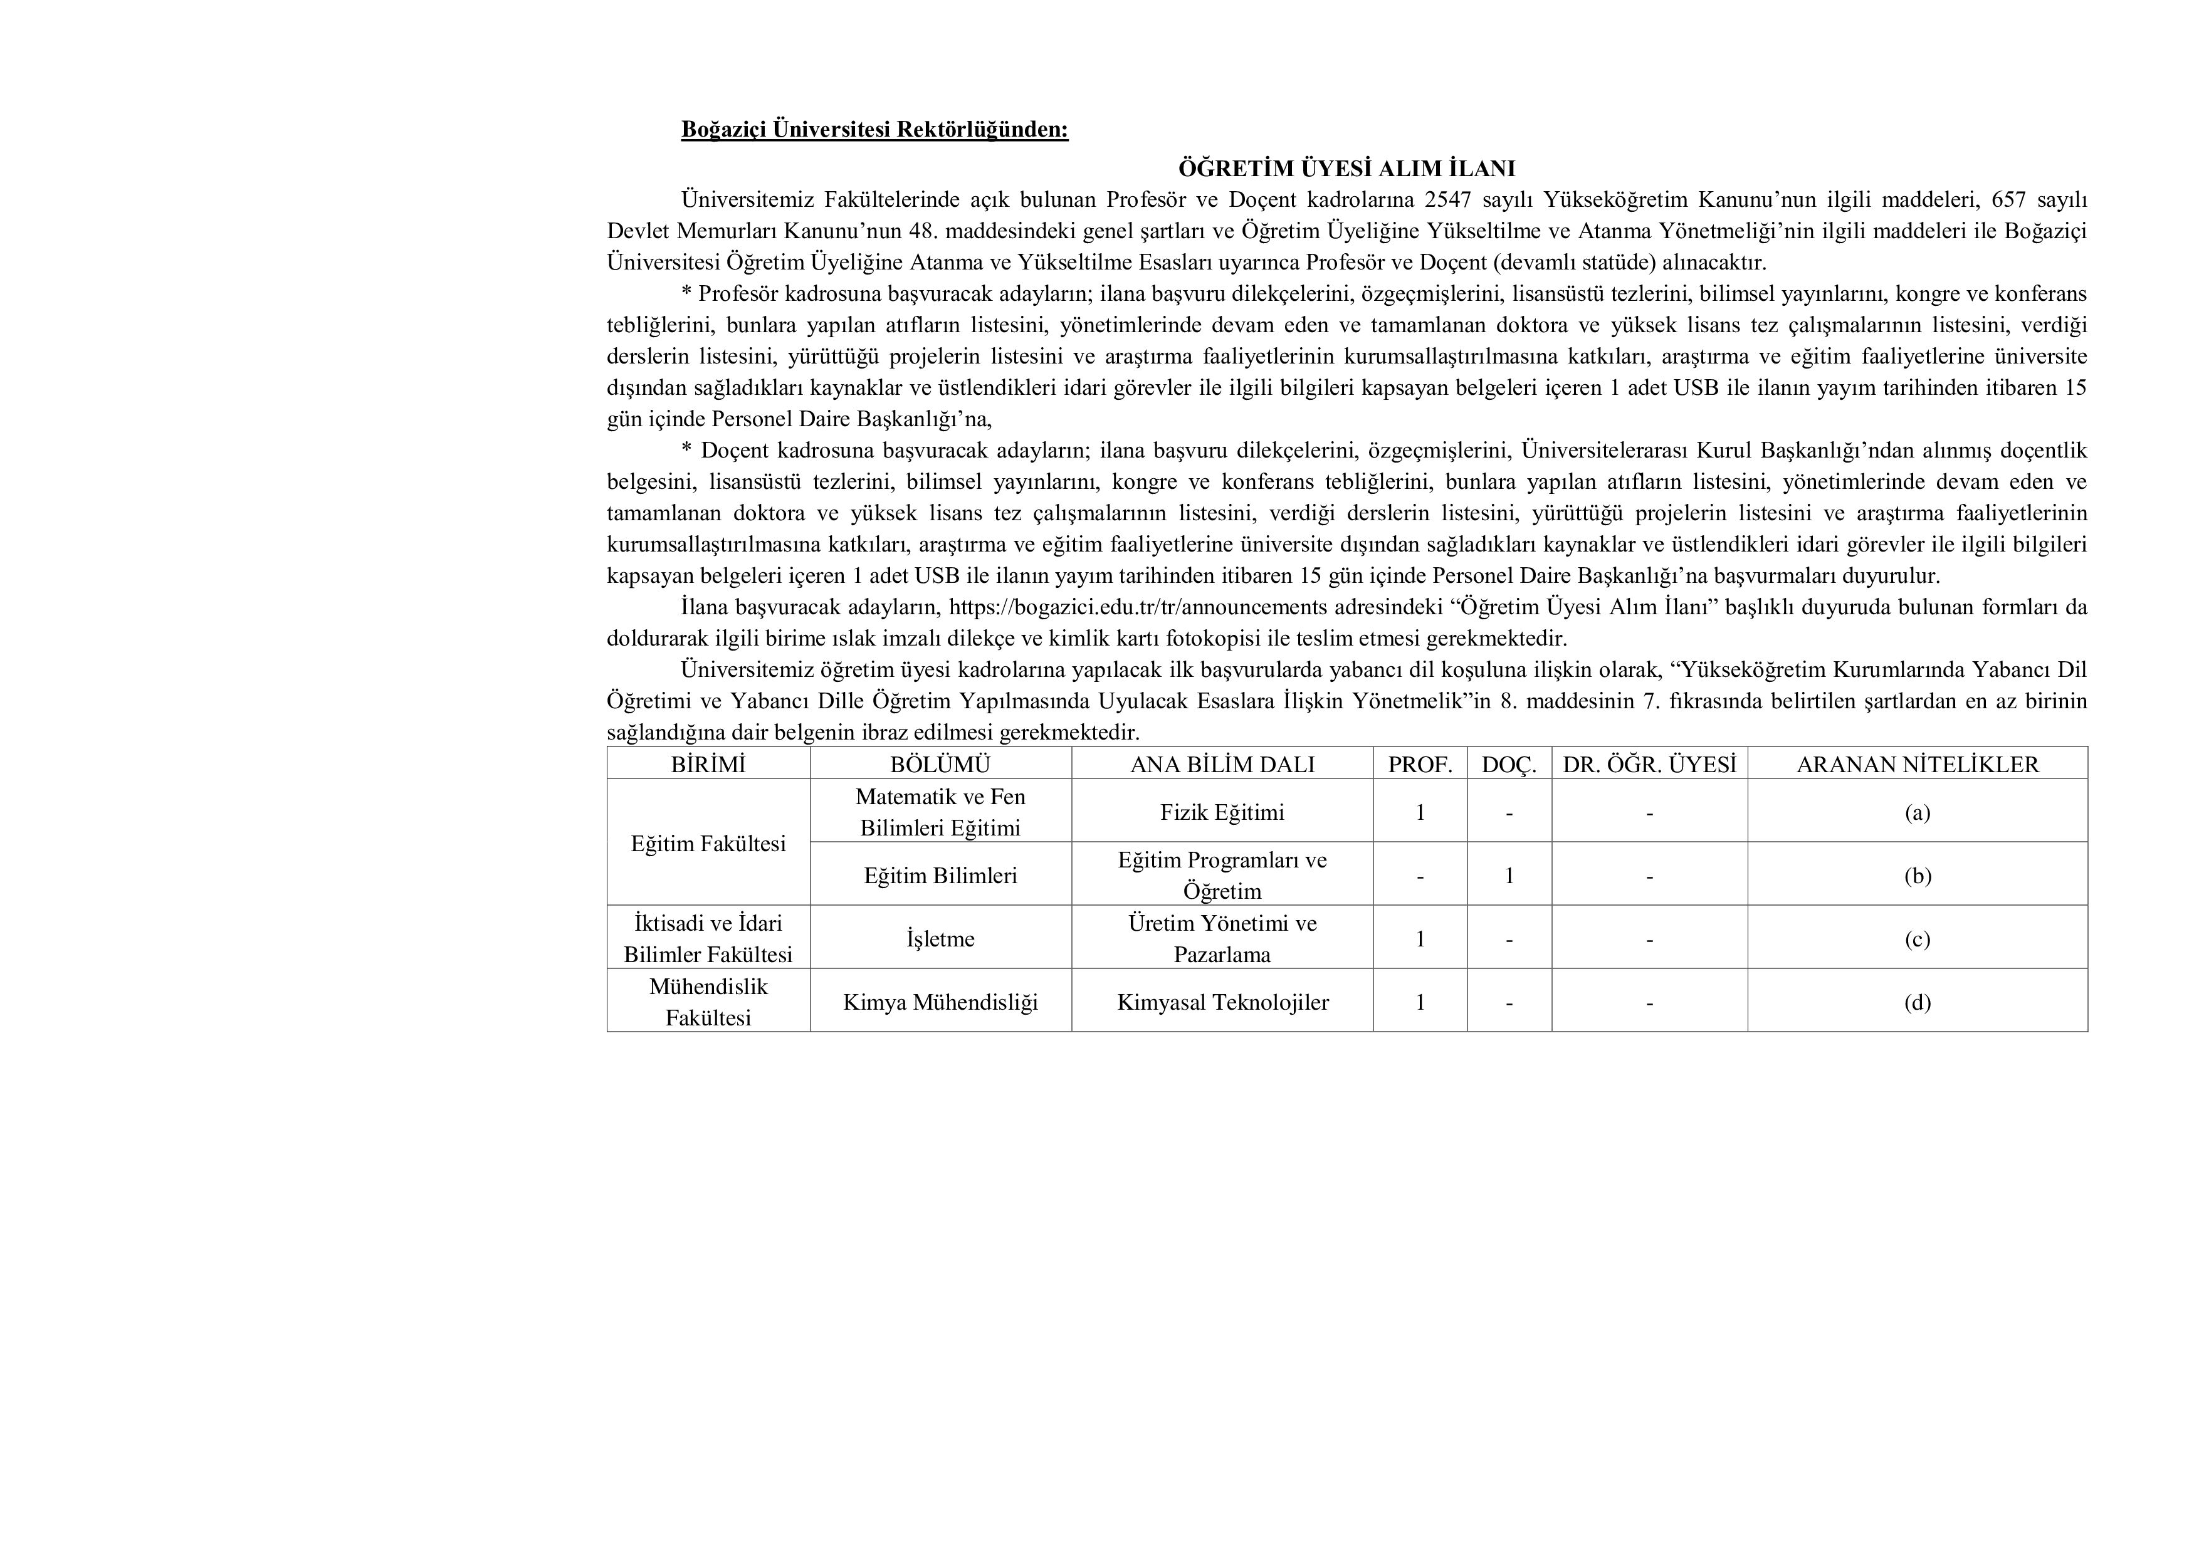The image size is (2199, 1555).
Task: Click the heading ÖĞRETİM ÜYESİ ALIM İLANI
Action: [1346, 169]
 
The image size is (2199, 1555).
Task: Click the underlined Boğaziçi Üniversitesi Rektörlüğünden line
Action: [874, 129]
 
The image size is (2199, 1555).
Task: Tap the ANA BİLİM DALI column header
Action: [1222, 764]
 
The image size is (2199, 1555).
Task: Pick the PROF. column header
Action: [1420, 764]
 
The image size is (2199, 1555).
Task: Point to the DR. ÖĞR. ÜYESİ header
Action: [1649, 764]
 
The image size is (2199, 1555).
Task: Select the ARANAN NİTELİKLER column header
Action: [1918, 764]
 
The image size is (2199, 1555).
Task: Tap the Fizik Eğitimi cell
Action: [1222, 812]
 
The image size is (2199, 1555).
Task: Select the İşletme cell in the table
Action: [940, 938]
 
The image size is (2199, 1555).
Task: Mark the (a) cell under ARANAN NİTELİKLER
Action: [1918, 812]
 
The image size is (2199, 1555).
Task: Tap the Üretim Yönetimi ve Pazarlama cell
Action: [1222, 938]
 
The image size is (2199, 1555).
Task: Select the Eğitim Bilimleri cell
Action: [940, 875]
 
